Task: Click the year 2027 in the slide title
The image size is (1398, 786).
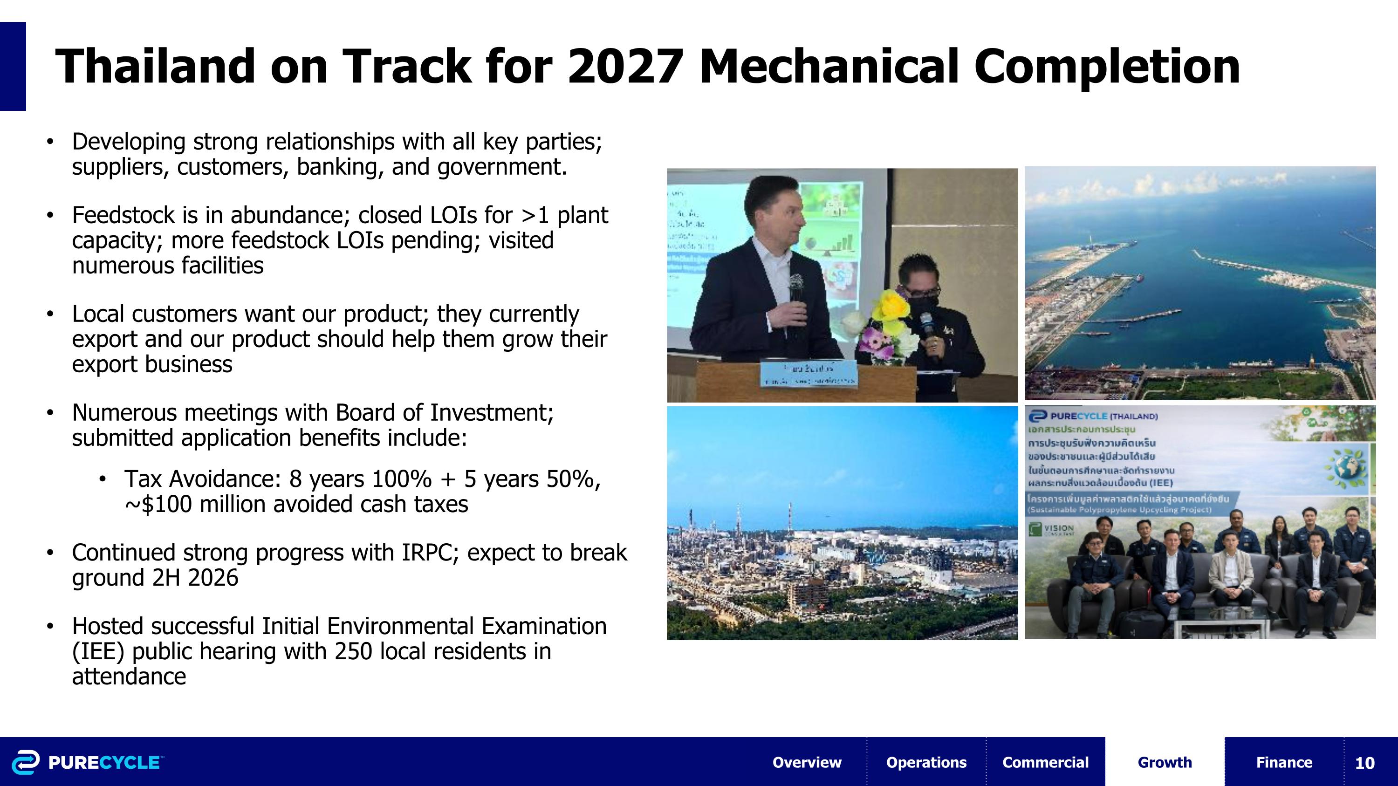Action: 624,67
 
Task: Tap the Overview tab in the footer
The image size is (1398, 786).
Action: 807,762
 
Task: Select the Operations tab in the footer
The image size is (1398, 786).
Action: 926,762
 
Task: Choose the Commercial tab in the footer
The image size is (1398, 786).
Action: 1045,762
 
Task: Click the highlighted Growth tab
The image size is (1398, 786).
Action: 1165,762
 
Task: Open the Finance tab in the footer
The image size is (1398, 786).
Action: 1284,762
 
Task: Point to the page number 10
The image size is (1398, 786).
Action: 1364,763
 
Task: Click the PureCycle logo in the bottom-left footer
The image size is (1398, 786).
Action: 87,762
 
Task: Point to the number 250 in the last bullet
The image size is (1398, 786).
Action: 353,651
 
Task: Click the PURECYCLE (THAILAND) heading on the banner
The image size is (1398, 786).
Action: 1094,416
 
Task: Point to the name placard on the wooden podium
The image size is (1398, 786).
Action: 809,374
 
